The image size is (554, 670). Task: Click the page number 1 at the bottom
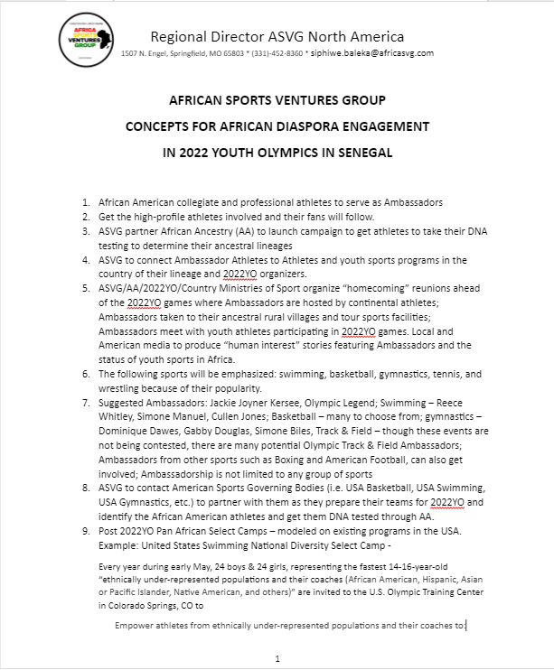[x=277, y=657]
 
